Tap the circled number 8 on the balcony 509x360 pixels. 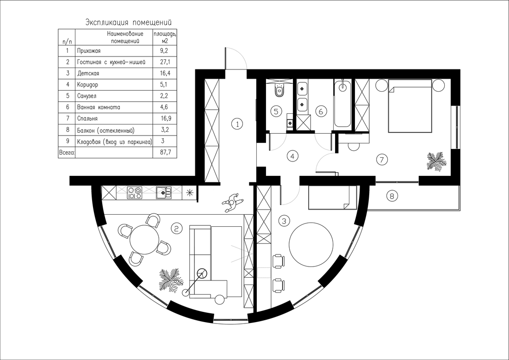coord(392,196)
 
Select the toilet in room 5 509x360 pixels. coord(279,90)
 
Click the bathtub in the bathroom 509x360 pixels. coord(342,104)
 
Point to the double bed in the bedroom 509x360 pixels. coord(410,106)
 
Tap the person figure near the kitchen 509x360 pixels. coord(232,203)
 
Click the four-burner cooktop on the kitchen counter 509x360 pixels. coord(135,192)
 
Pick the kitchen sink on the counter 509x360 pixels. coord(164,192)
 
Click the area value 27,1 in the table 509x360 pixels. coord(165,62)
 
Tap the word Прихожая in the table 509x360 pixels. coord(89,51)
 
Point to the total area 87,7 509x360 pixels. coord(165,153)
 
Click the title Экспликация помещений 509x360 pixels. coord(128,22)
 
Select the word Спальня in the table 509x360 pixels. coord(87,119)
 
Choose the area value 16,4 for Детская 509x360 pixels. coord(165,74)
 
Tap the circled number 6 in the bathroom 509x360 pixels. coord(321,112)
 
